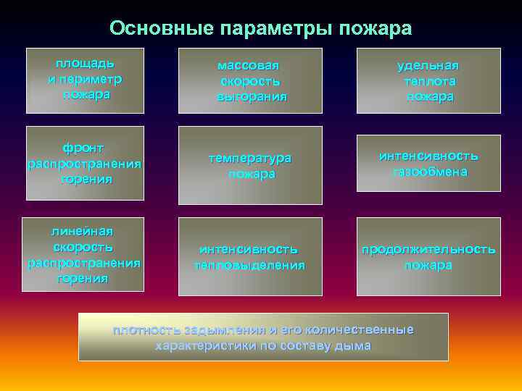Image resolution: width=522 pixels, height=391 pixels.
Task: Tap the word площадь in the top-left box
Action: point(85,62)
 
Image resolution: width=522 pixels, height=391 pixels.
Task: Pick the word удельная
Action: point(428,65)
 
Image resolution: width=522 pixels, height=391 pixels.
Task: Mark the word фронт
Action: point(83,148)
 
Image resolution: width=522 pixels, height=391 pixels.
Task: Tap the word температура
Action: point(251,158)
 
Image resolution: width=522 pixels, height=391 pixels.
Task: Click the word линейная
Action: point(82,231)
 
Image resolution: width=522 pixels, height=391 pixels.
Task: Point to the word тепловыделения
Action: point(249,265)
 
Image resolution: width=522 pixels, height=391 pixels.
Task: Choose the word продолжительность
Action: point(428,249)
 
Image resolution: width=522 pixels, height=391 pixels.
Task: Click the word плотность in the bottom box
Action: point(141,330)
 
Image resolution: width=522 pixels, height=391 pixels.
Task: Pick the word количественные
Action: point(360,330)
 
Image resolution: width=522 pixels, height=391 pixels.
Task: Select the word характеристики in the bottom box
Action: point(200,345)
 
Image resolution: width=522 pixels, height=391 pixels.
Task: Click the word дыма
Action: point(354,345)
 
